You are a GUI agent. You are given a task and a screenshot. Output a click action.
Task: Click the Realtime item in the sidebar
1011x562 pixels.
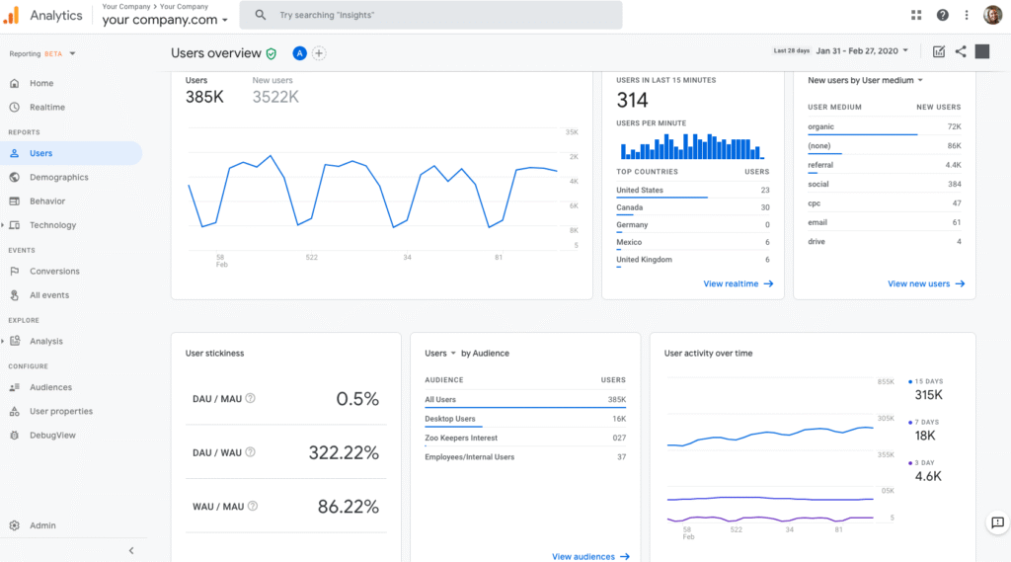pos(46,107)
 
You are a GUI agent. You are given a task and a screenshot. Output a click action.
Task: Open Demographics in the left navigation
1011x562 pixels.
pos(58,178)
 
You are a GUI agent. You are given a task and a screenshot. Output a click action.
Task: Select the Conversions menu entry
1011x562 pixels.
pos(54,272)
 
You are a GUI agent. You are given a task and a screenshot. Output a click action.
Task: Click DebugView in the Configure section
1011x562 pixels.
pos(52,436)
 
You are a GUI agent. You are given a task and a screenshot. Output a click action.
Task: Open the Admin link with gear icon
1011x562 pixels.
pos(42,525)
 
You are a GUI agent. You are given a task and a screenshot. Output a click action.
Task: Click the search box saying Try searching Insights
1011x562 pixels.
pos(434,16)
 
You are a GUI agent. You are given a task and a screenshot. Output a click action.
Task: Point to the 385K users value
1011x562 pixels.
pos(204,97)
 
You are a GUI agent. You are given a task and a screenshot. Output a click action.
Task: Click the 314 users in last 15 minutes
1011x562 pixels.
pos(632,100)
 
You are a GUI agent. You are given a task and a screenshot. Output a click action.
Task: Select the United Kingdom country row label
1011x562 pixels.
pos(644,260)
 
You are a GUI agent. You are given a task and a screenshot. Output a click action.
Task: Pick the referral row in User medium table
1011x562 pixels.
pos(820,165)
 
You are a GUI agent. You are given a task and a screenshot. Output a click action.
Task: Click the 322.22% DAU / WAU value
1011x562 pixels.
pos(343,452)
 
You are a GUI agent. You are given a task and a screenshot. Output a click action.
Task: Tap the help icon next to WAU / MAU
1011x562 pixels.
pos(252,506)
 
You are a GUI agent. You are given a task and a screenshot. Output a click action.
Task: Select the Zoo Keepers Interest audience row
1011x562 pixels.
pos(461,438)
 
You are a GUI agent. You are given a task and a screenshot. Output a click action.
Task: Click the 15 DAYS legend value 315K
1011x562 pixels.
pos(928,395)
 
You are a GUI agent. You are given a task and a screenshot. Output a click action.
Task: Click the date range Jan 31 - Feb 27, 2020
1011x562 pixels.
pos(863,51)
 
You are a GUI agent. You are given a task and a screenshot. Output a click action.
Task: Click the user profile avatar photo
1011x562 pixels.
pos(992,15)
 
